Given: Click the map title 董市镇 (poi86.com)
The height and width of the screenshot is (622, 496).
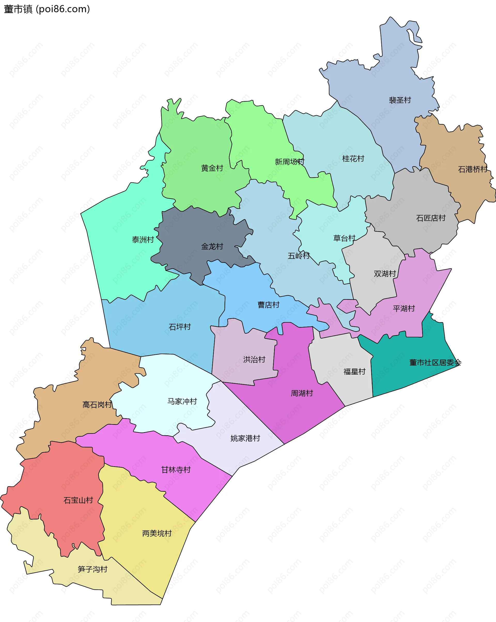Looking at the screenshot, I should [47, 9].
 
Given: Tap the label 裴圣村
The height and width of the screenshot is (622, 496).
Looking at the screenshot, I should [400, 100].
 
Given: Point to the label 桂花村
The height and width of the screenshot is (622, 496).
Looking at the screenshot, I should [353, 158].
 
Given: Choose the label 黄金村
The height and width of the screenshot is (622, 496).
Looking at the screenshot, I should [212, 168].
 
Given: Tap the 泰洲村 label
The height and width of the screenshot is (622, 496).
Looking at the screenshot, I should [143, 239].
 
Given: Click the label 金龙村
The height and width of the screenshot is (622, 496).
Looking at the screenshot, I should [212, 246].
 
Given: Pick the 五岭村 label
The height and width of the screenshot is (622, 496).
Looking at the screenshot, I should [299, 256].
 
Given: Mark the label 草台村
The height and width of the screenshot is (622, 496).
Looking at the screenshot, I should [344, 238].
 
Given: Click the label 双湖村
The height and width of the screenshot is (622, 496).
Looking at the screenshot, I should [385, 274].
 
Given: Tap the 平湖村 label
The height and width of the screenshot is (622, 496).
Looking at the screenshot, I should [404, 308].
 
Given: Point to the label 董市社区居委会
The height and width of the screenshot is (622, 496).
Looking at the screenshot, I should [435, 362].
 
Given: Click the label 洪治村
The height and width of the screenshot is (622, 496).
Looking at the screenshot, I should [254, 360].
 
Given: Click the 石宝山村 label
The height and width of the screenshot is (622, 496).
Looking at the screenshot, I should [78, 500].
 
